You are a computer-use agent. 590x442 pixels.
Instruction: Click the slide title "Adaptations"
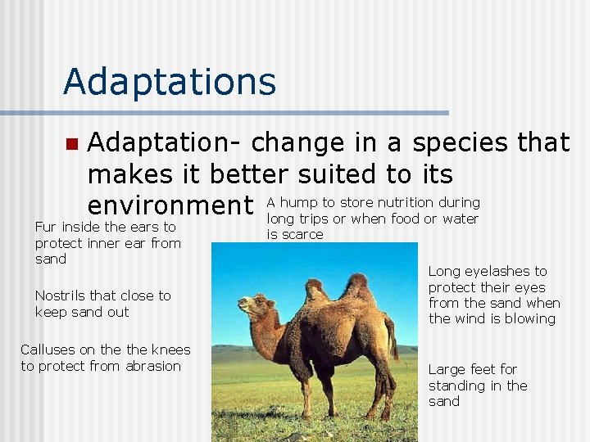169,82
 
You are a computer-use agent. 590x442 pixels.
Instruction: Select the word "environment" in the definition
170,204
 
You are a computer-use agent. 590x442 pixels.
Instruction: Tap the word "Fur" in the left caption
46,227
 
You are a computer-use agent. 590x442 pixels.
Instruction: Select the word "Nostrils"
61,295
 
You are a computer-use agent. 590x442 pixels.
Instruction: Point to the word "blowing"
531,319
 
